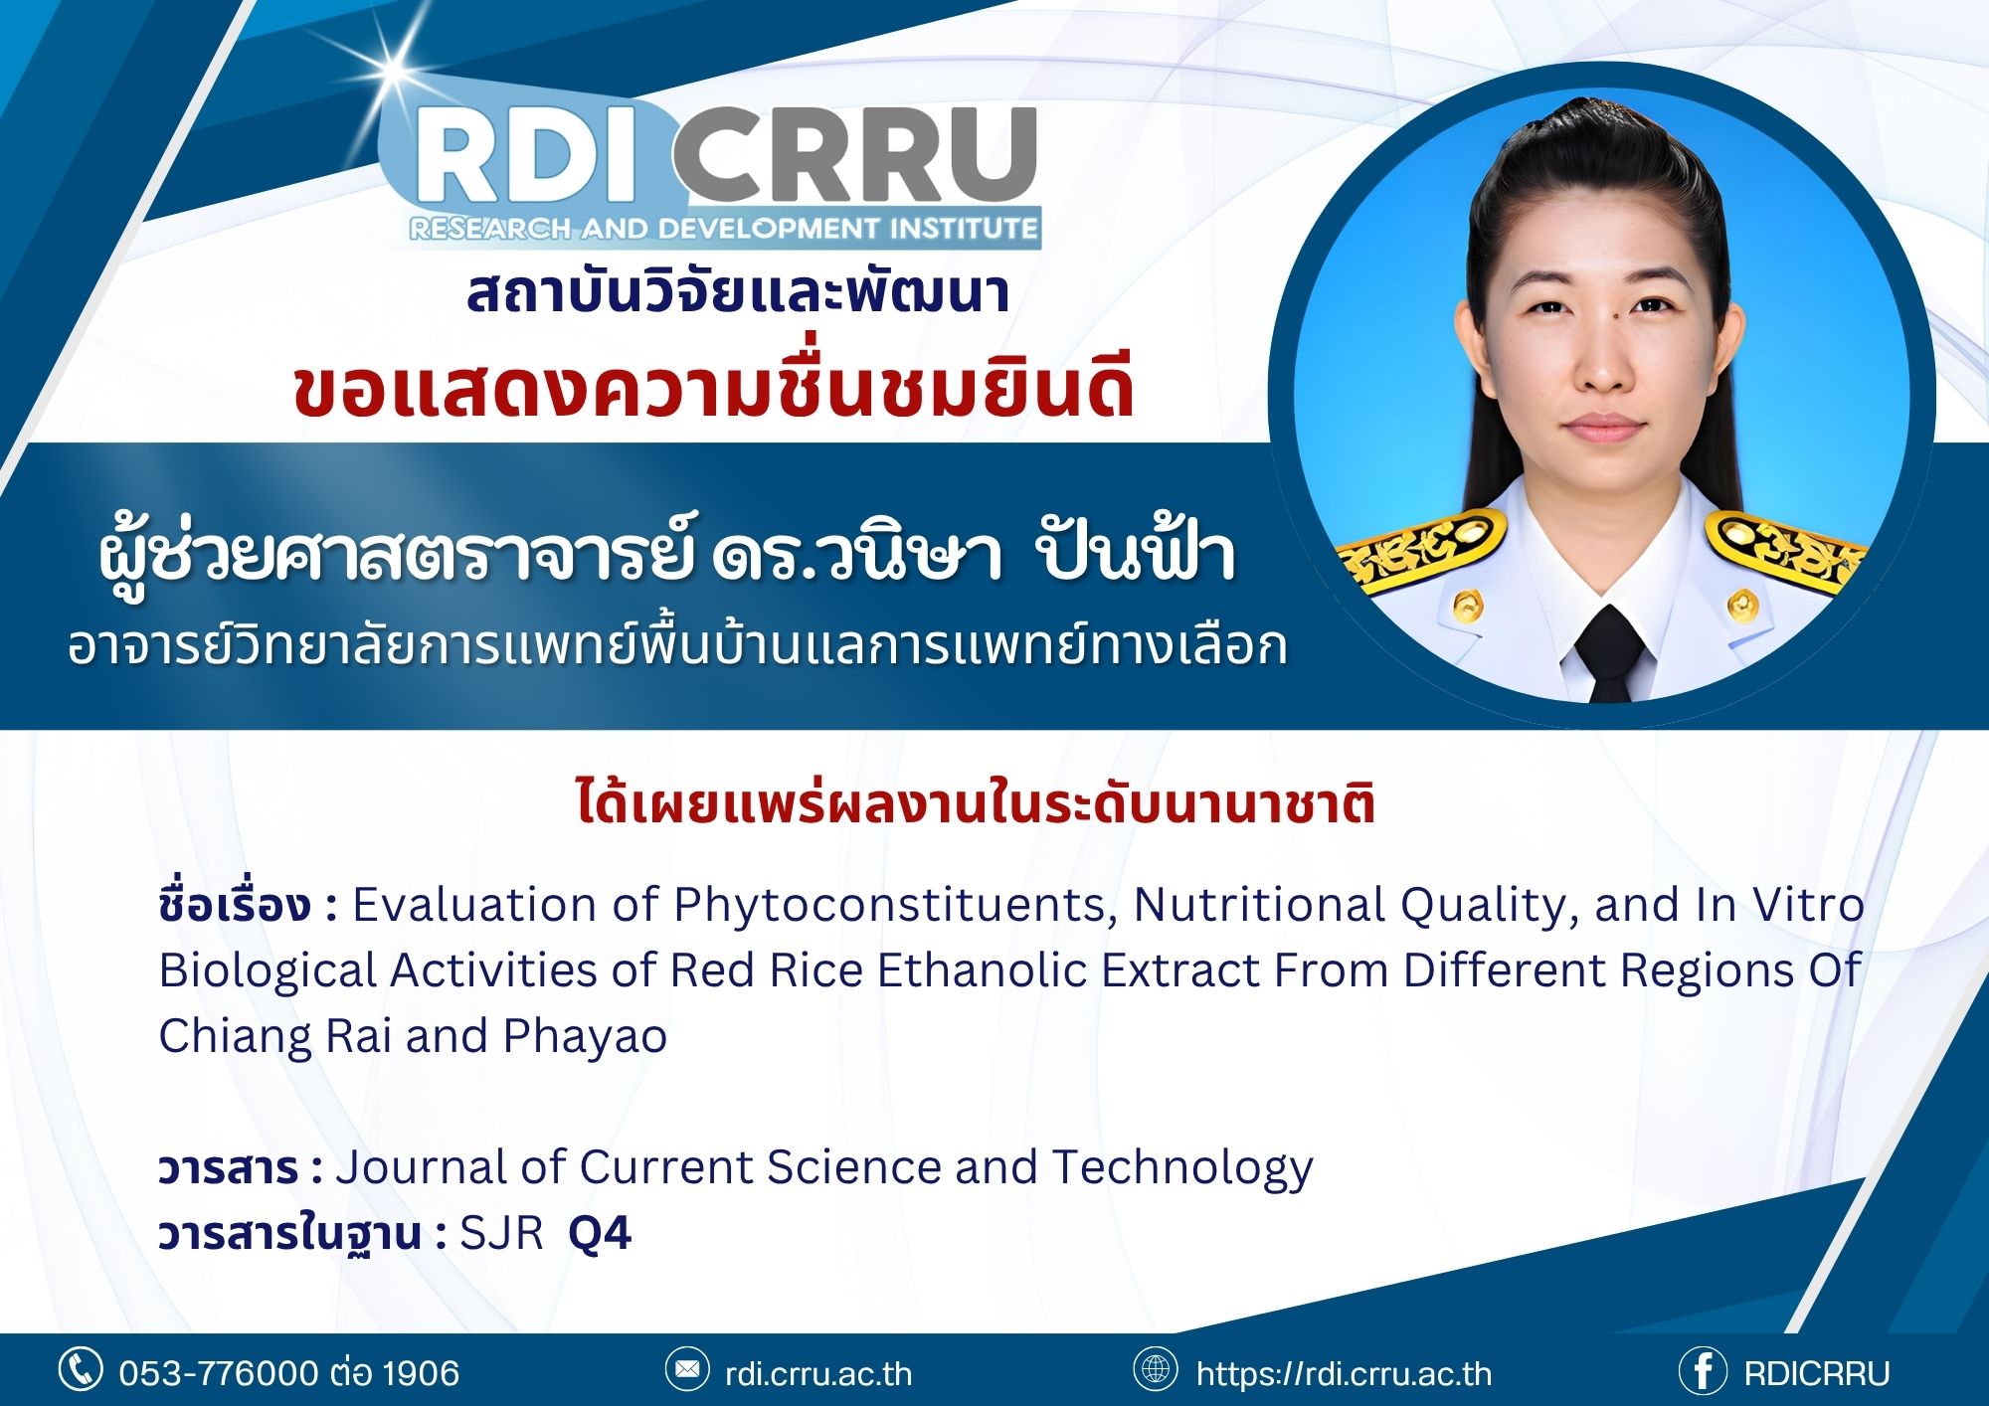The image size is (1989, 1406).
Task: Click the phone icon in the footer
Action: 80,1369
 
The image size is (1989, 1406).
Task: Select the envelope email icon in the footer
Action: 686,1369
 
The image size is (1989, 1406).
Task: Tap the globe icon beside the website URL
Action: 1156,1369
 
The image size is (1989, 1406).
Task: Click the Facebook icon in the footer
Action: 1702,1371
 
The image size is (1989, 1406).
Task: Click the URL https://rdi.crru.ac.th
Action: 1344,1373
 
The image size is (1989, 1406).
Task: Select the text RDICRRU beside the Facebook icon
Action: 1817,1373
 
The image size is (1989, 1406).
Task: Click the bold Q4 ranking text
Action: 600,1234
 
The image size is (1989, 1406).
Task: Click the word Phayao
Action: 585,1036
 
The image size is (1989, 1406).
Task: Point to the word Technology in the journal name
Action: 1182,1168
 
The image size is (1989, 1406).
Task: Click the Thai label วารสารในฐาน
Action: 291,1234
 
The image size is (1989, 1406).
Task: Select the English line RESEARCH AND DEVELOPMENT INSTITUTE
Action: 724,229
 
